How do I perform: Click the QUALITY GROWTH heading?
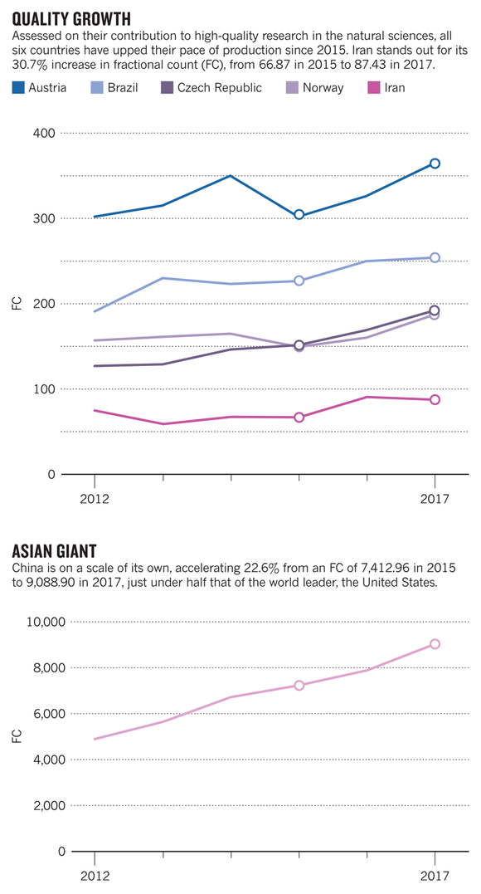(71, 19)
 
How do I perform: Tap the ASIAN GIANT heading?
(54, 551)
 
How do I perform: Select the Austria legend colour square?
(18, 88)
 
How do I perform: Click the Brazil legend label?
(123, 88)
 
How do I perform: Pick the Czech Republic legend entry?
(211, 88)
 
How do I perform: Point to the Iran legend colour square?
(374, 88)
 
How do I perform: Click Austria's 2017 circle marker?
(435, 164)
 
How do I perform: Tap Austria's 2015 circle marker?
(299, 215)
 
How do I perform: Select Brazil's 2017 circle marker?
(435, 257)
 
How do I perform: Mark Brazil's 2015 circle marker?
(299, 281)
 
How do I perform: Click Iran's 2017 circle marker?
(435, 399)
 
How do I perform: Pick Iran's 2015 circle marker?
(299, 418)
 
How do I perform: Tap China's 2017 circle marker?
(435, 643)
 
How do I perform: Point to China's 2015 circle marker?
(299, 686)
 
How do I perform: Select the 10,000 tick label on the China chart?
(46, 622)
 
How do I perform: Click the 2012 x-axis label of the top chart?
(95, 499)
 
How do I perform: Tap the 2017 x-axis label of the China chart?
(435, 876)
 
